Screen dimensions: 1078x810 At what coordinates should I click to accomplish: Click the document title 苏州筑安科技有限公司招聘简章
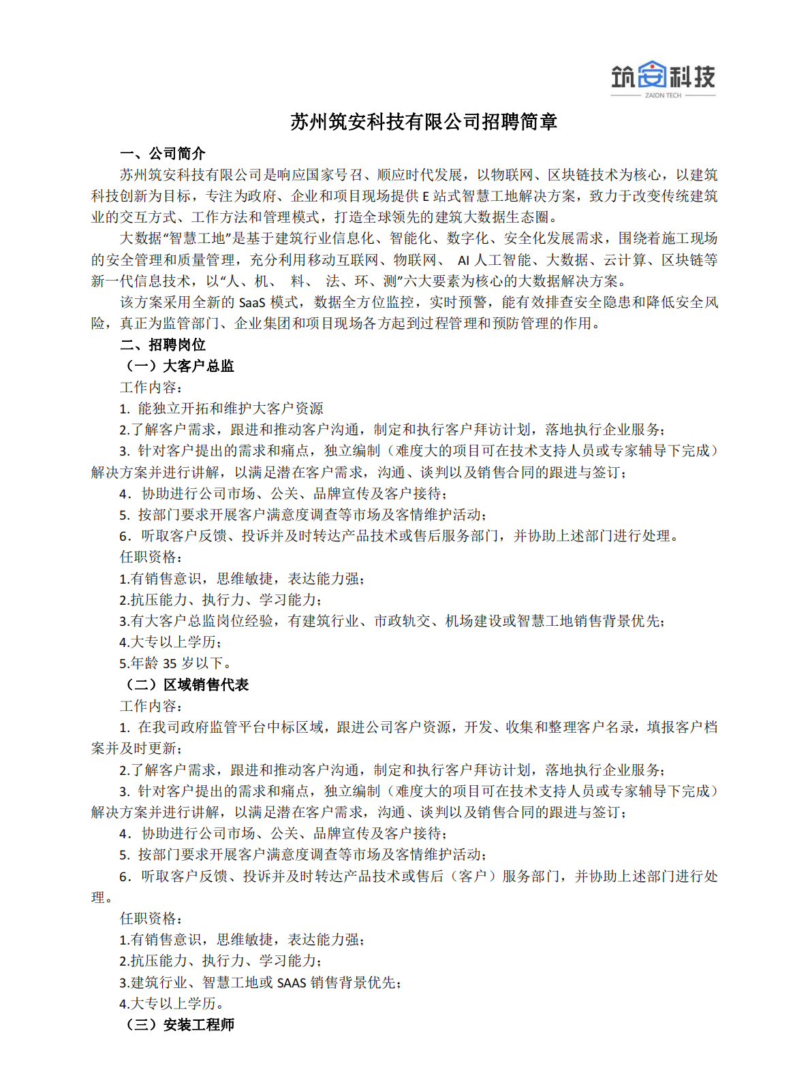click(x=424, y=122)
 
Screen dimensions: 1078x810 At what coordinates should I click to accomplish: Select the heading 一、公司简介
click(x=162, y=154)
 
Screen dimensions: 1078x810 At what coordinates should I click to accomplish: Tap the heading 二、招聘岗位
click(x=162, y=345)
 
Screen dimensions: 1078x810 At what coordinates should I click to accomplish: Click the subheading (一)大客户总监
click(x=178, y=366)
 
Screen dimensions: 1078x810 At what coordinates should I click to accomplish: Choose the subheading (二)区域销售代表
click(x=186, y=685)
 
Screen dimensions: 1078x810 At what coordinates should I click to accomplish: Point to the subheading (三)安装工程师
click(x=178, y=1025)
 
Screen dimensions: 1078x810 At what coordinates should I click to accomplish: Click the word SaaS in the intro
click(x=252, y=302)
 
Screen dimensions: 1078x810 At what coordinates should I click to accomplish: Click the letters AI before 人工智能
click(x=463, y=260)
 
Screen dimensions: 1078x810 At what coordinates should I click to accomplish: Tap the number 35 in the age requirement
click(x=170, y=664)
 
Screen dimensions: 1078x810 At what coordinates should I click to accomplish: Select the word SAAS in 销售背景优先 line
click(x=292, y=983)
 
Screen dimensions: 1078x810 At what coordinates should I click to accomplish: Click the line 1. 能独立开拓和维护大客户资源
click(x=221, y=409)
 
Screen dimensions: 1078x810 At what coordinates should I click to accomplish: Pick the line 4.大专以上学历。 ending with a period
click(x=172, y=1004)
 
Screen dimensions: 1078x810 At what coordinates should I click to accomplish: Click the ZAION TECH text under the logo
click(x=663, y=96)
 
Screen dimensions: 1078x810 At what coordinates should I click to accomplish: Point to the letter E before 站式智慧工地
click(x=426, y=197)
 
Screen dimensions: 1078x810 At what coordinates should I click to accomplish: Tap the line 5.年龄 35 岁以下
click(x=176, y=664)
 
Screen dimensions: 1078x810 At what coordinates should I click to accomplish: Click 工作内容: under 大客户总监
click(x=151, y=387)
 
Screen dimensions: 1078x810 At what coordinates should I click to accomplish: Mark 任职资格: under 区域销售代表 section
click(x=151, y=919)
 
